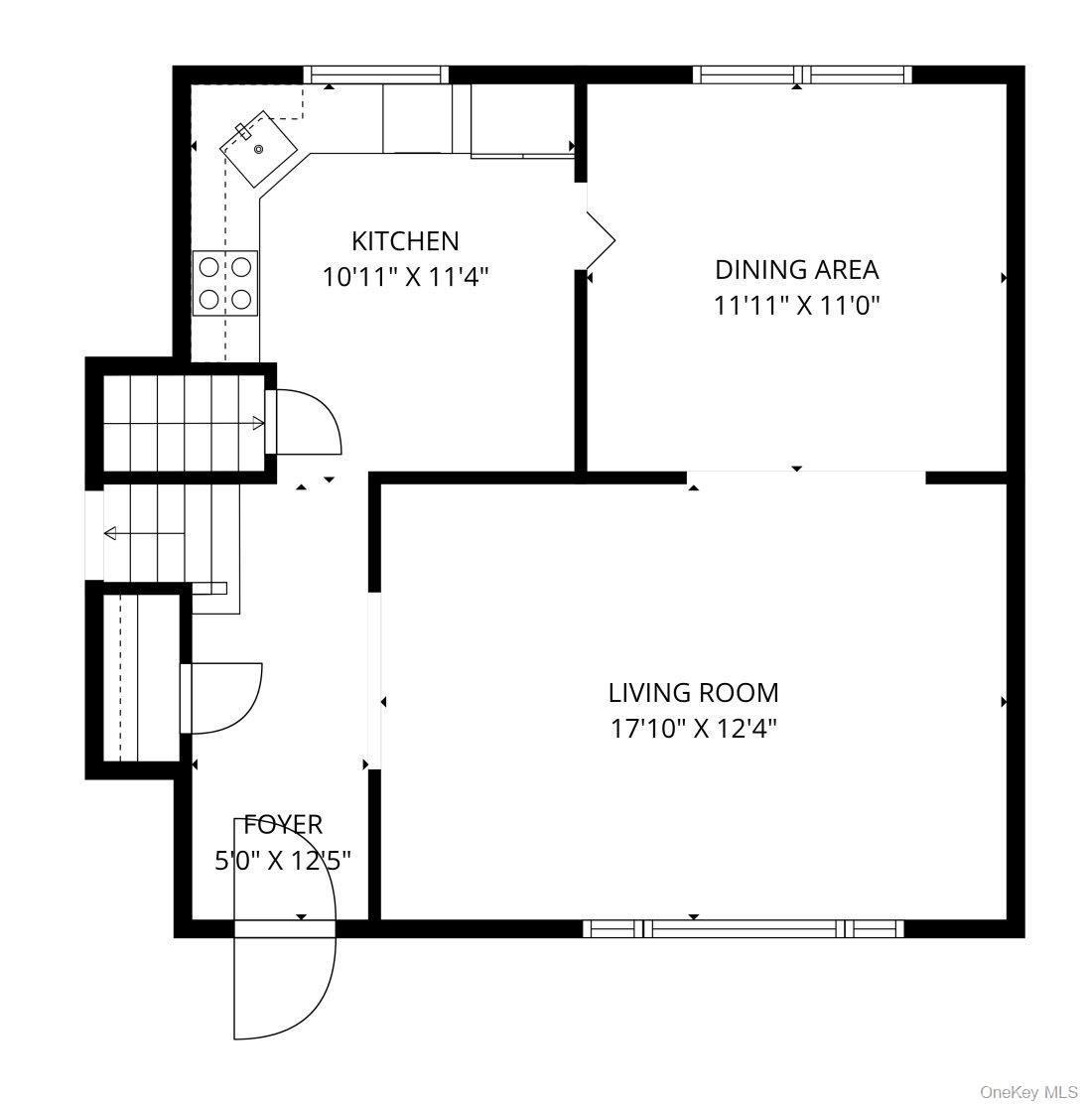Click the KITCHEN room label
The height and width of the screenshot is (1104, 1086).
(x=405, y=241)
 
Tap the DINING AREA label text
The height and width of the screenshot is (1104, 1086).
(x=796, y=269)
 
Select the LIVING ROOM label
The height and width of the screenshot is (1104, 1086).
(x=693, y=692)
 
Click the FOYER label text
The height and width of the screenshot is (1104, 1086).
(x=283, y=824)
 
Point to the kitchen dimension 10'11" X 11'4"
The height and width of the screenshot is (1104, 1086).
(x=405, y=277)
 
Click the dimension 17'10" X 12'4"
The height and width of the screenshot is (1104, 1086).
(x=693, y=729)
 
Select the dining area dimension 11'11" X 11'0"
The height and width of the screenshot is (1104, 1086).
(x=796, y=305)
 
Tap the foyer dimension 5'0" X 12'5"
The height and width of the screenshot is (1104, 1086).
(x=283, y=860)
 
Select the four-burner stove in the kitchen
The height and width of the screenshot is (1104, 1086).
(x=225, y=283)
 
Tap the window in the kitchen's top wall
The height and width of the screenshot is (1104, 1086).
(x=375, y=74)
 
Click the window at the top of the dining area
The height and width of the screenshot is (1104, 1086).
(x=801, y=74)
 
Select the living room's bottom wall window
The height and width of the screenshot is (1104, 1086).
(x=743, y=929)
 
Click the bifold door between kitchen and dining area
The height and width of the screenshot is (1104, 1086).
(x=601, y=239)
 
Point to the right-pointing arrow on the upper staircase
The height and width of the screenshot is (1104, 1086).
(x=257, y=424)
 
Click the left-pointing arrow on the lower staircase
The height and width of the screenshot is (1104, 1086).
(x=111, y=534)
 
